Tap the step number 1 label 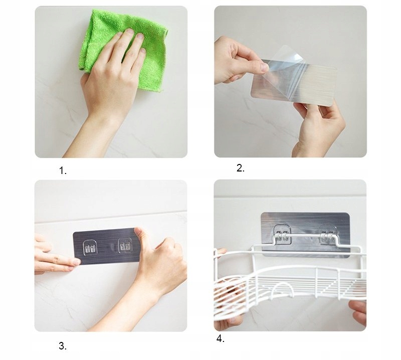(63, 170)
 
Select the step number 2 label (241, 168)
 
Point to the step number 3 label (63, 346)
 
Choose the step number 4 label (220, 339)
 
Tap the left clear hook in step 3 (90, 247)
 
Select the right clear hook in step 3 (125, 246)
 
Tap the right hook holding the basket (328, 234)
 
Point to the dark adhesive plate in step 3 (106, 246)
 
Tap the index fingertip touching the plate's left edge (76, 262)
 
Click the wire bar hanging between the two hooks (306, 235)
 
